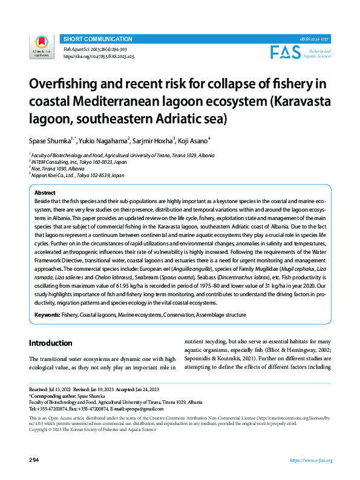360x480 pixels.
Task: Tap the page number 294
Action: click(34, 461)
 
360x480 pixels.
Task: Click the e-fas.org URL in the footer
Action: click(311, 461)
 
